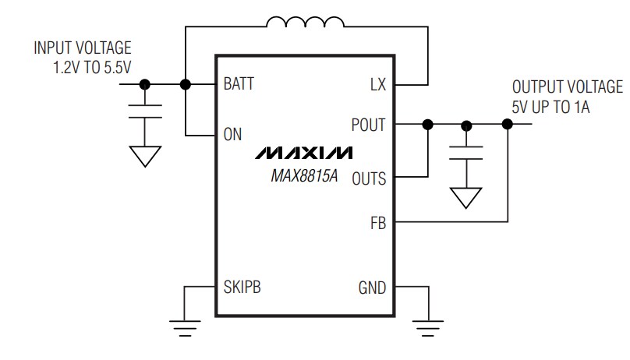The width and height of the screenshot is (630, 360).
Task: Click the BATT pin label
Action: click(x=239, y=84)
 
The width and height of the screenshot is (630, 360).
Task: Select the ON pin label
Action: click(x=232, y=134)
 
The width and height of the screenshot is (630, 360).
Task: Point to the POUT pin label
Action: click(x=368, y=125)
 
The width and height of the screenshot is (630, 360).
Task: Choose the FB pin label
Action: click(x=377, y=224)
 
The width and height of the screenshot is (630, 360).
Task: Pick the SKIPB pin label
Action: click(x=242, y=287)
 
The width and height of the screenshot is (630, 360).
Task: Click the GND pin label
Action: click(x=372, y=288)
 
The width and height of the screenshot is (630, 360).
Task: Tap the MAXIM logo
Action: click(x=303, y=151)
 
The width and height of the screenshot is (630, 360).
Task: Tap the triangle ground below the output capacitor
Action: click(x=466, y=197)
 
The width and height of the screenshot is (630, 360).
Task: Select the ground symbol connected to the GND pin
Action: click(x=426, y=326)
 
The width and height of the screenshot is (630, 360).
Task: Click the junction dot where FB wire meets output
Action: click(x=508, y=124)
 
